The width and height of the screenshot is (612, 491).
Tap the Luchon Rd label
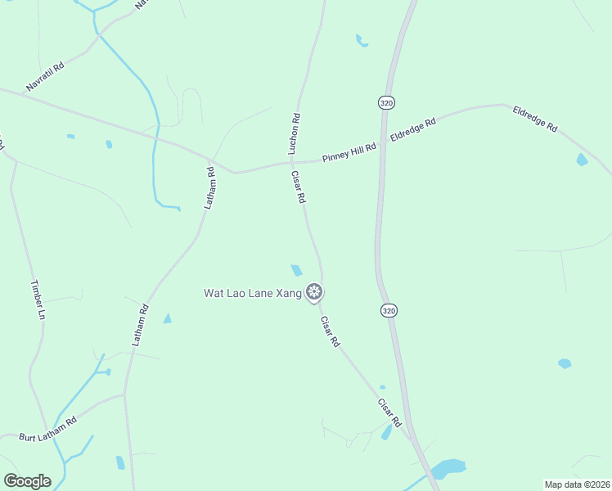[x=295, y=133]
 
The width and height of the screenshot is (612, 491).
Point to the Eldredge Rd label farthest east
[x=535, y=119]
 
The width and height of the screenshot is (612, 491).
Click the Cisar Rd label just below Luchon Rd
[x=299, y=187]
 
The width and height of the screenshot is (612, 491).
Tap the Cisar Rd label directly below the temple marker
[x=330, y=331]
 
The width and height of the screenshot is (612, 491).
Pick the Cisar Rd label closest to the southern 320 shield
[x=389, y=413]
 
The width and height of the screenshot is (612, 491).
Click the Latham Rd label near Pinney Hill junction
[x=209, y=188]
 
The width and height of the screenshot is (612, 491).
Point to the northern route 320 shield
[x=387, y=102]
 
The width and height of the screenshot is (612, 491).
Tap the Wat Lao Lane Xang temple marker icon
[x=313, y=291]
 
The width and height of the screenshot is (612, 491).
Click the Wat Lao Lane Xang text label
[x=252, y=292]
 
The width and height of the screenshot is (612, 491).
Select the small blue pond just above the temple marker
[x=296, y=270]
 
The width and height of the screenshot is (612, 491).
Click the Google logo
[x=27, y=481]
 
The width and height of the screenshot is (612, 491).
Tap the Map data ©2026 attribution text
[x=577, y=484]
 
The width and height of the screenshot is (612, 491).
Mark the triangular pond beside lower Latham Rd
[x=168, y=318]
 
